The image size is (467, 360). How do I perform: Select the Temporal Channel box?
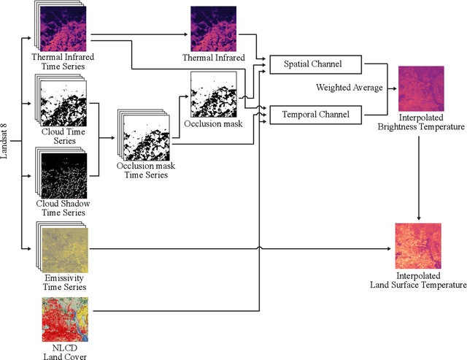point(316,114)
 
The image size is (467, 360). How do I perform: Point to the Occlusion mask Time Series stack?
point(147,137)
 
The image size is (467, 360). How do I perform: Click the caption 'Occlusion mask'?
point(213,125)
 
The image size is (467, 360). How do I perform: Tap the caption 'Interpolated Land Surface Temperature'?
point(420,280)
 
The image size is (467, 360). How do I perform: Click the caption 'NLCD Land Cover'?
point(64,352)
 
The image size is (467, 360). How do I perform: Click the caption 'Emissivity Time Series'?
point(63,280)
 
